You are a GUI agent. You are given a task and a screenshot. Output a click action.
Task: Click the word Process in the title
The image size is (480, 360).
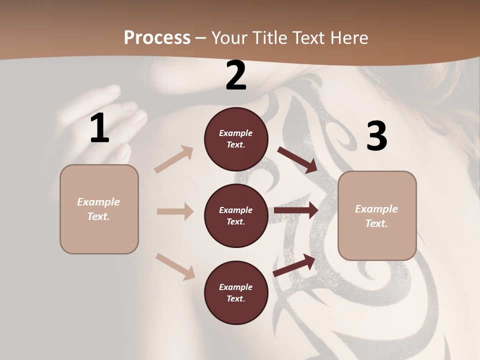pos(157,37)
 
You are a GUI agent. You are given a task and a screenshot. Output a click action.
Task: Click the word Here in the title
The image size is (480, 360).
pos(348,37)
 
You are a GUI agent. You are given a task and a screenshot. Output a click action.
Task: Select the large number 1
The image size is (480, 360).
pos(99,128)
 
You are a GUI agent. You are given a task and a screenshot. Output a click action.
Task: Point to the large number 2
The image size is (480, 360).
pos(236,76)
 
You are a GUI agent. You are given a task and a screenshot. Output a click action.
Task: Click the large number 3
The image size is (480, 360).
pos(376,136)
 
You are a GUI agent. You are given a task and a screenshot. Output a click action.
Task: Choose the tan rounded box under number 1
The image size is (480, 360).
pos(99,209)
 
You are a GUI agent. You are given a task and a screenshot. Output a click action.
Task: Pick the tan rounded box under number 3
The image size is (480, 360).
pos(377,216)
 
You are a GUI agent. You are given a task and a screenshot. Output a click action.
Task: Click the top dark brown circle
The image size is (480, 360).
pos(236,139)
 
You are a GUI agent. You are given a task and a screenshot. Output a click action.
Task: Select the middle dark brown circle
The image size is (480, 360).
pos(236,215)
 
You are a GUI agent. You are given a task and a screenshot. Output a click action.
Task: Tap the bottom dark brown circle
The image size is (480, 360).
pos(236,292)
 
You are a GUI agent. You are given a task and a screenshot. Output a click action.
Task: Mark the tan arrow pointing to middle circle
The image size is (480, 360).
pos(175,211)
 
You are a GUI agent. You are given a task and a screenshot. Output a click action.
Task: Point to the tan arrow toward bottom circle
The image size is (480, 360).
pos(175,266)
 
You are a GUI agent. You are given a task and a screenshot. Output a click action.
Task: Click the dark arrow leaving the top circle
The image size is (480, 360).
pos(298,159)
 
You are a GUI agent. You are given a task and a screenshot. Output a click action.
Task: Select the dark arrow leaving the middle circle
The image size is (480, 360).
pos(296,210)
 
